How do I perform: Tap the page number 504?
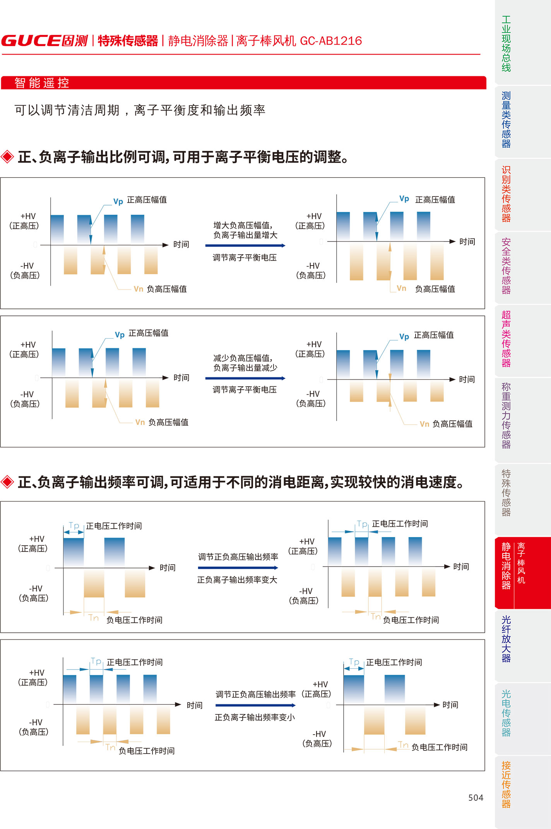click(476, 798)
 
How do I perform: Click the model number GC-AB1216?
click(331, 41)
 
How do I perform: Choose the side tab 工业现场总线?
click(506, 44)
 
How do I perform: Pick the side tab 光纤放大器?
click(506, 639)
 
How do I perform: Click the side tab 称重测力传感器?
click(506, 416)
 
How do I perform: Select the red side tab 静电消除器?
click(506, 565)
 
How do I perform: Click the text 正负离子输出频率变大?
click(237, 580)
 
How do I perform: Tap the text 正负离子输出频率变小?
click(255, 718)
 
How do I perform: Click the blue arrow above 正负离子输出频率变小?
click(255, 706)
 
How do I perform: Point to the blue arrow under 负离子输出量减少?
click(245, 378)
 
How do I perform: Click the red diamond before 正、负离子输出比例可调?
click(7, 157)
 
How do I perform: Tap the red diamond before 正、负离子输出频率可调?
click(7, 482)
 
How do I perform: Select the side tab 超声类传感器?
click(506, 339)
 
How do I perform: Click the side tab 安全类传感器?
click(506, 266)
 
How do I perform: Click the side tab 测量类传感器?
click(506, 120)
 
